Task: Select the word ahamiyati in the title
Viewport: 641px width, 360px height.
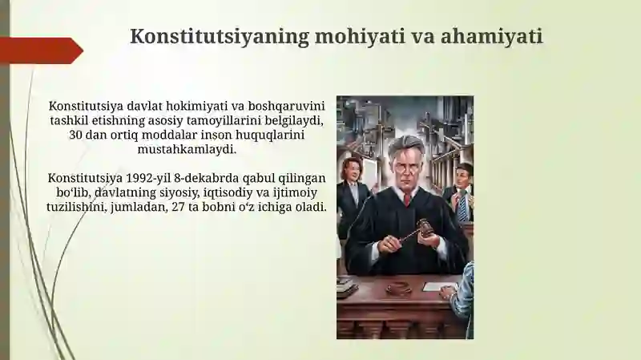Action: (495, 36)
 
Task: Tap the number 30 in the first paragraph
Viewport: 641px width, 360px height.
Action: (77, 135)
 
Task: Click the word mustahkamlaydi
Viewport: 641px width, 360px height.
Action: (187, 149)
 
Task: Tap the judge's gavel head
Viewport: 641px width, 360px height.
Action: (424, 228)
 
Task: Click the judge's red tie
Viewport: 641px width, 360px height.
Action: (407, 198)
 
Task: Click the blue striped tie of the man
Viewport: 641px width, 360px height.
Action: (462, 207)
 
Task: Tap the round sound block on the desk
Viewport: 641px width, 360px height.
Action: (398, 288)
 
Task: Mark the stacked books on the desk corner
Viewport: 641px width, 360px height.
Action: (346, 286)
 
